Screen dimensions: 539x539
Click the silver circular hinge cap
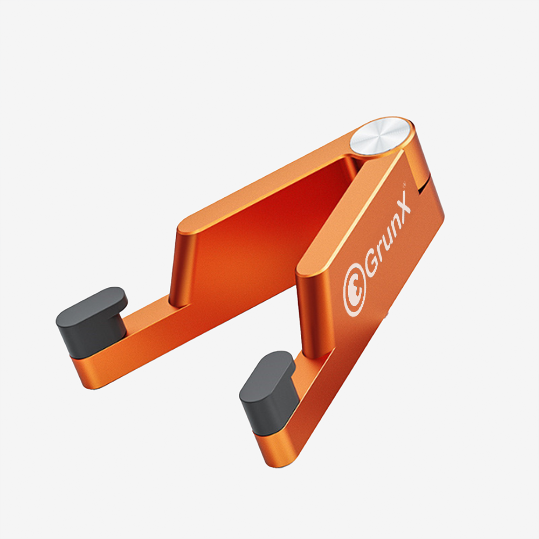click(x=381, y=136)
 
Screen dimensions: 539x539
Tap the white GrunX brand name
click(x=388, y=234)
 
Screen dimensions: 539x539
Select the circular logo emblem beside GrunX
click(x=355, y=290)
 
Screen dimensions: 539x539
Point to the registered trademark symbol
click(x=404, y=184)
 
